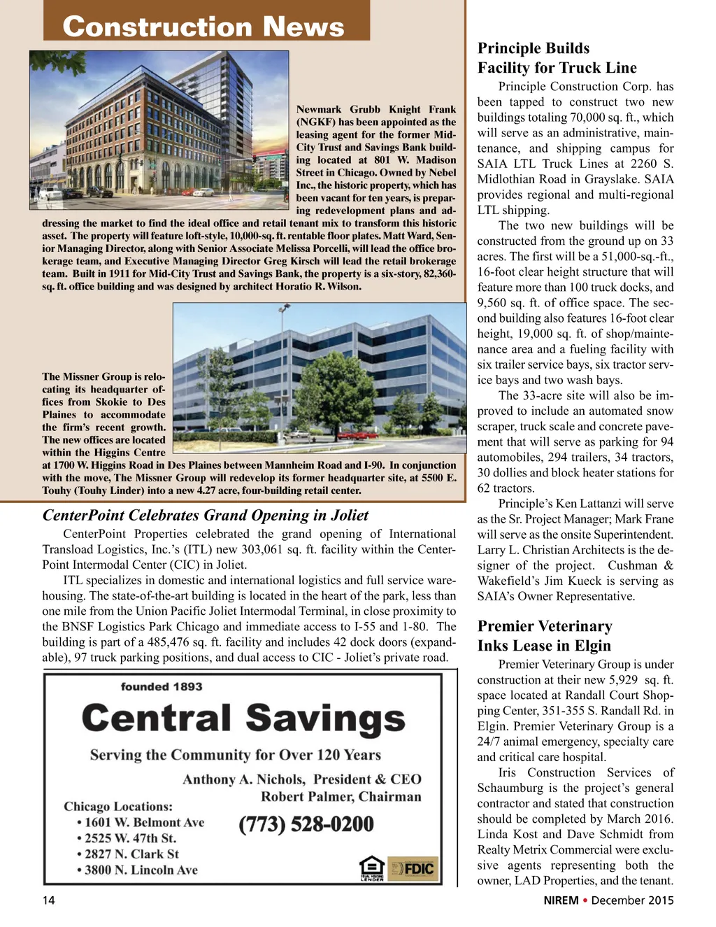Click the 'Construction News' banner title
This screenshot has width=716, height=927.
(203, 27)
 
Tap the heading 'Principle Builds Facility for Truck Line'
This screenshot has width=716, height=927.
(557, 58)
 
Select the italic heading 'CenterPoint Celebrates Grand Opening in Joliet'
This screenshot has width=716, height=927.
(206, 516)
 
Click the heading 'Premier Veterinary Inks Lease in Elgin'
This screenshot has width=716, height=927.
(544, 636)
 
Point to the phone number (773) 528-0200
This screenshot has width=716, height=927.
(306, 824)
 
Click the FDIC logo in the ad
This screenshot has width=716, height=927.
(413, 869)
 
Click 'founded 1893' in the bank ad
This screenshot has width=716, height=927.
(162, 687)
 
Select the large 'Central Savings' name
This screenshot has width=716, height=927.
(243, 719)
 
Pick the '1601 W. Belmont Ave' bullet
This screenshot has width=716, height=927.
(141, 823)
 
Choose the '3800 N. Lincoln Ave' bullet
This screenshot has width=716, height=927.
(137, 870)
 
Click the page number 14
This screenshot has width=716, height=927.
(48, 900)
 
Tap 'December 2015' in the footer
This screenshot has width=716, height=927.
(632, 900)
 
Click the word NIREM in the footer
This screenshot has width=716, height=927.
(561, 900)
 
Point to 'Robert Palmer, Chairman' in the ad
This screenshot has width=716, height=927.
(341, 797)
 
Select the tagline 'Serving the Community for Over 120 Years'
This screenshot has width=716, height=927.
(235, 755)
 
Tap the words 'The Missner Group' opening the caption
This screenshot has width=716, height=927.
(86, 376)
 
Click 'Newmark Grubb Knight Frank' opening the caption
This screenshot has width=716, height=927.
(375, 109)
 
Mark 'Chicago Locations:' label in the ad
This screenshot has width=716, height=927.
(118, 807)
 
